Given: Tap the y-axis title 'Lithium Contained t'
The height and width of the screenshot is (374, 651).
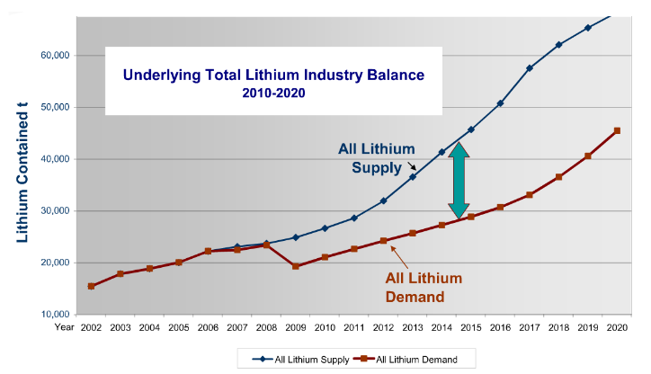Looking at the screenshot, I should point(21,174).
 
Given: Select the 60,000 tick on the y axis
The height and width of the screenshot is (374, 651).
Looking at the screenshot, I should point(49,55).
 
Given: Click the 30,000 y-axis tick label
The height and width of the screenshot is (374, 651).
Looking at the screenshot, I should point(49,211).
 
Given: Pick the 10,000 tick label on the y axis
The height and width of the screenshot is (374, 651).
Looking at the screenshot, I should point(49,315).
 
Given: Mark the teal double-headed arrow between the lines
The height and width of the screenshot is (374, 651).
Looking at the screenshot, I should point(459,180).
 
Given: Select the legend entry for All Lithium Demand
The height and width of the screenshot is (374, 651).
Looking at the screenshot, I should point(410,359).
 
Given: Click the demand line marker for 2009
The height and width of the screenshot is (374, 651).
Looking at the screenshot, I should point(296,266).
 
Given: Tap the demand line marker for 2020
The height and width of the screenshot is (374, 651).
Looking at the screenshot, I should point(617,130).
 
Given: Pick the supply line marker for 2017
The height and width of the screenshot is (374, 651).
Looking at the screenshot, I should point(530,68).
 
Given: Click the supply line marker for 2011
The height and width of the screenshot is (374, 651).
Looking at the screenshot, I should point(354,218).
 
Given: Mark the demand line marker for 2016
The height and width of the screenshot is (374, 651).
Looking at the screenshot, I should point(500,207).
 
